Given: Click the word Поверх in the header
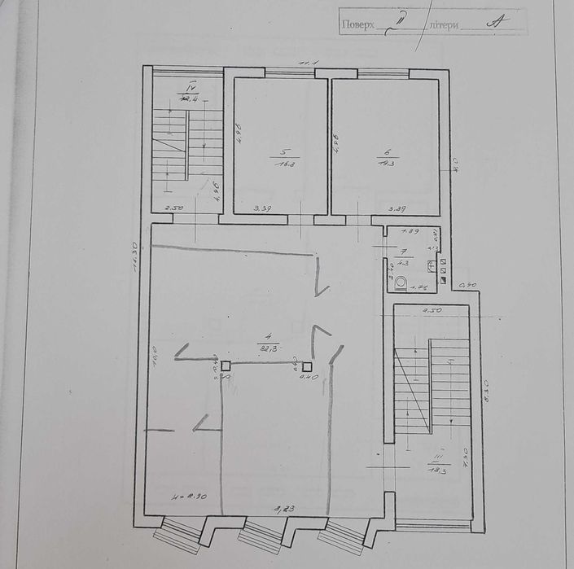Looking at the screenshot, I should [x=357, y=25].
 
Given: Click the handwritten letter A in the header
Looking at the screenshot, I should [x=492, y=24].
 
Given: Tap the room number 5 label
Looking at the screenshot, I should [x=283, y=152].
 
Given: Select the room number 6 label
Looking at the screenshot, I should [x=386, y=152].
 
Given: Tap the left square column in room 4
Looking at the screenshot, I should [x=226, y=365].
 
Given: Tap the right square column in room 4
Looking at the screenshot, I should [x=307, y=365].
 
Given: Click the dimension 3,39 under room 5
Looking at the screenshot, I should [x=262, y=209].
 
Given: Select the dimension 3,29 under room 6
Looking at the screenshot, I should [x=397, y=209].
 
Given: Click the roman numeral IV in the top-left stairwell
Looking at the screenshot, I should [x=191, y=85].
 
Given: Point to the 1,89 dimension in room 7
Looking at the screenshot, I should [x=411, y=231].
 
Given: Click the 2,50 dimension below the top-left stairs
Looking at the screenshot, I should [x=175, y=209].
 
